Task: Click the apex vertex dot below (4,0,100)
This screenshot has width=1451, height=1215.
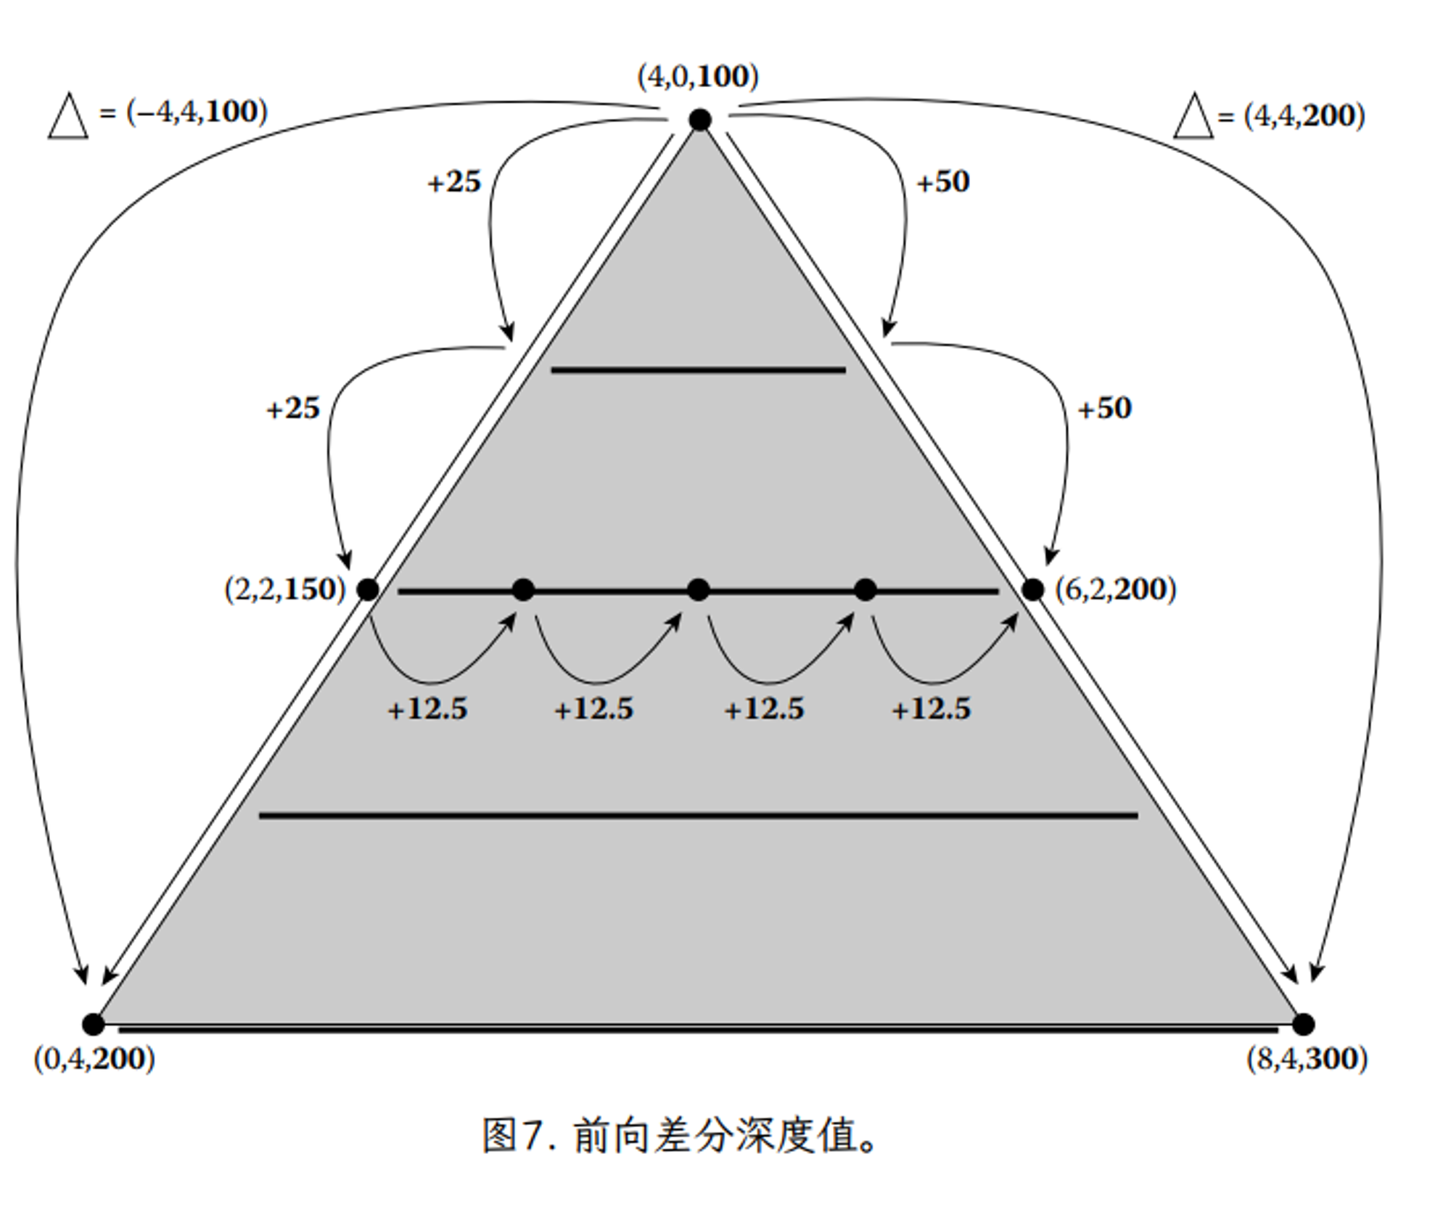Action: click(x=699, y=120)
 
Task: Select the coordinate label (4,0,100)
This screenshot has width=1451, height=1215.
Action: click(x=698, y=76)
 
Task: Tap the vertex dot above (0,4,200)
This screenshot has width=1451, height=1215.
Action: click(x=93, y=1024)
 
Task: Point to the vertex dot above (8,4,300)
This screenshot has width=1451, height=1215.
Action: click(x=1303, y=1024)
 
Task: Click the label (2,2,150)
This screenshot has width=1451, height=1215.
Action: click(x=285, y=589)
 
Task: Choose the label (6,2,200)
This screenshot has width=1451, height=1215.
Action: click(x=1115, y=589)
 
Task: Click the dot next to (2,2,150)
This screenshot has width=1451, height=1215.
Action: click(x=368, y=589)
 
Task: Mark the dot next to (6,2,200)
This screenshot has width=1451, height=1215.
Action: click(x=1032, y=589)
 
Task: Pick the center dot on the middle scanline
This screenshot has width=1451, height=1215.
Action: click(x=698, y=590)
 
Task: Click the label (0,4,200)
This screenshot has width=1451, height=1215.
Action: click(x=94, y=1059)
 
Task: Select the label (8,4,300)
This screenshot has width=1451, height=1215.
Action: click(x=1307, y=1059)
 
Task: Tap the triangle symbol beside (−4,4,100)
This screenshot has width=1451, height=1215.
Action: click(x=68, y=115)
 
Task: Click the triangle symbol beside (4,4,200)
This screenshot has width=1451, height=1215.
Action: click(x=1193, y=115)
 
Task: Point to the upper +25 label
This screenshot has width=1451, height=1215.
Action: click(x=454, y=181)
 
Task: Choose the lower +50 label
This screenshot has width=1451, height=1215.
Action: click(x=1104, y=409)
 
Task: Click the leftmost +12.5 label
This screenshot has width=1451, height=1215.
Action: click(x=427, y=708)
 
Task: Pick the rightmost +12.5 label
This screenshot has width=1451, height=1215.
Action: click(x=931, y=708)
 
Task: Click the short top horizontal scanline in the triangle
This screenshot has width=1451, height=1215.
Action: click(x=698, y=370)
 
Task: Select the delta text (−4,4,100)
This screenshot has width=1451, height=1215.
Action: click(x=197, y=112)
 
